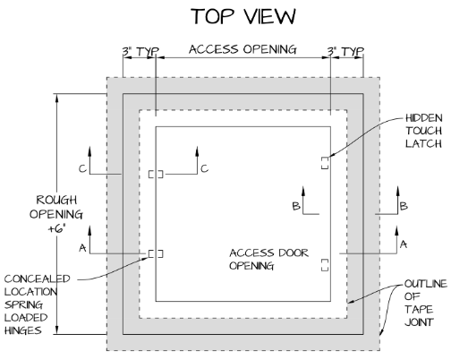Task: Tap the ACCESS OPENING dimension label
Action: (x=242, y=50)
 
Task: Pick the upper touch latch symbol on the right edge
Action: (x=324, y=162)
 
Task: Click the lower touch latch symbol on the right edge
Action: (x=324, y=263)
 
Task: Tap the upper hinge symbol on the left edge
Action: (x=156, y=174)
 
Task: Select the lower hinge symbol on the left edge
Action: (x=156, y=253)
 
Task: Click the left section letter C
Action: (x=107, y=167)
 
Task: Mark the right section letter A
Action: (x=403, y=244)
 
